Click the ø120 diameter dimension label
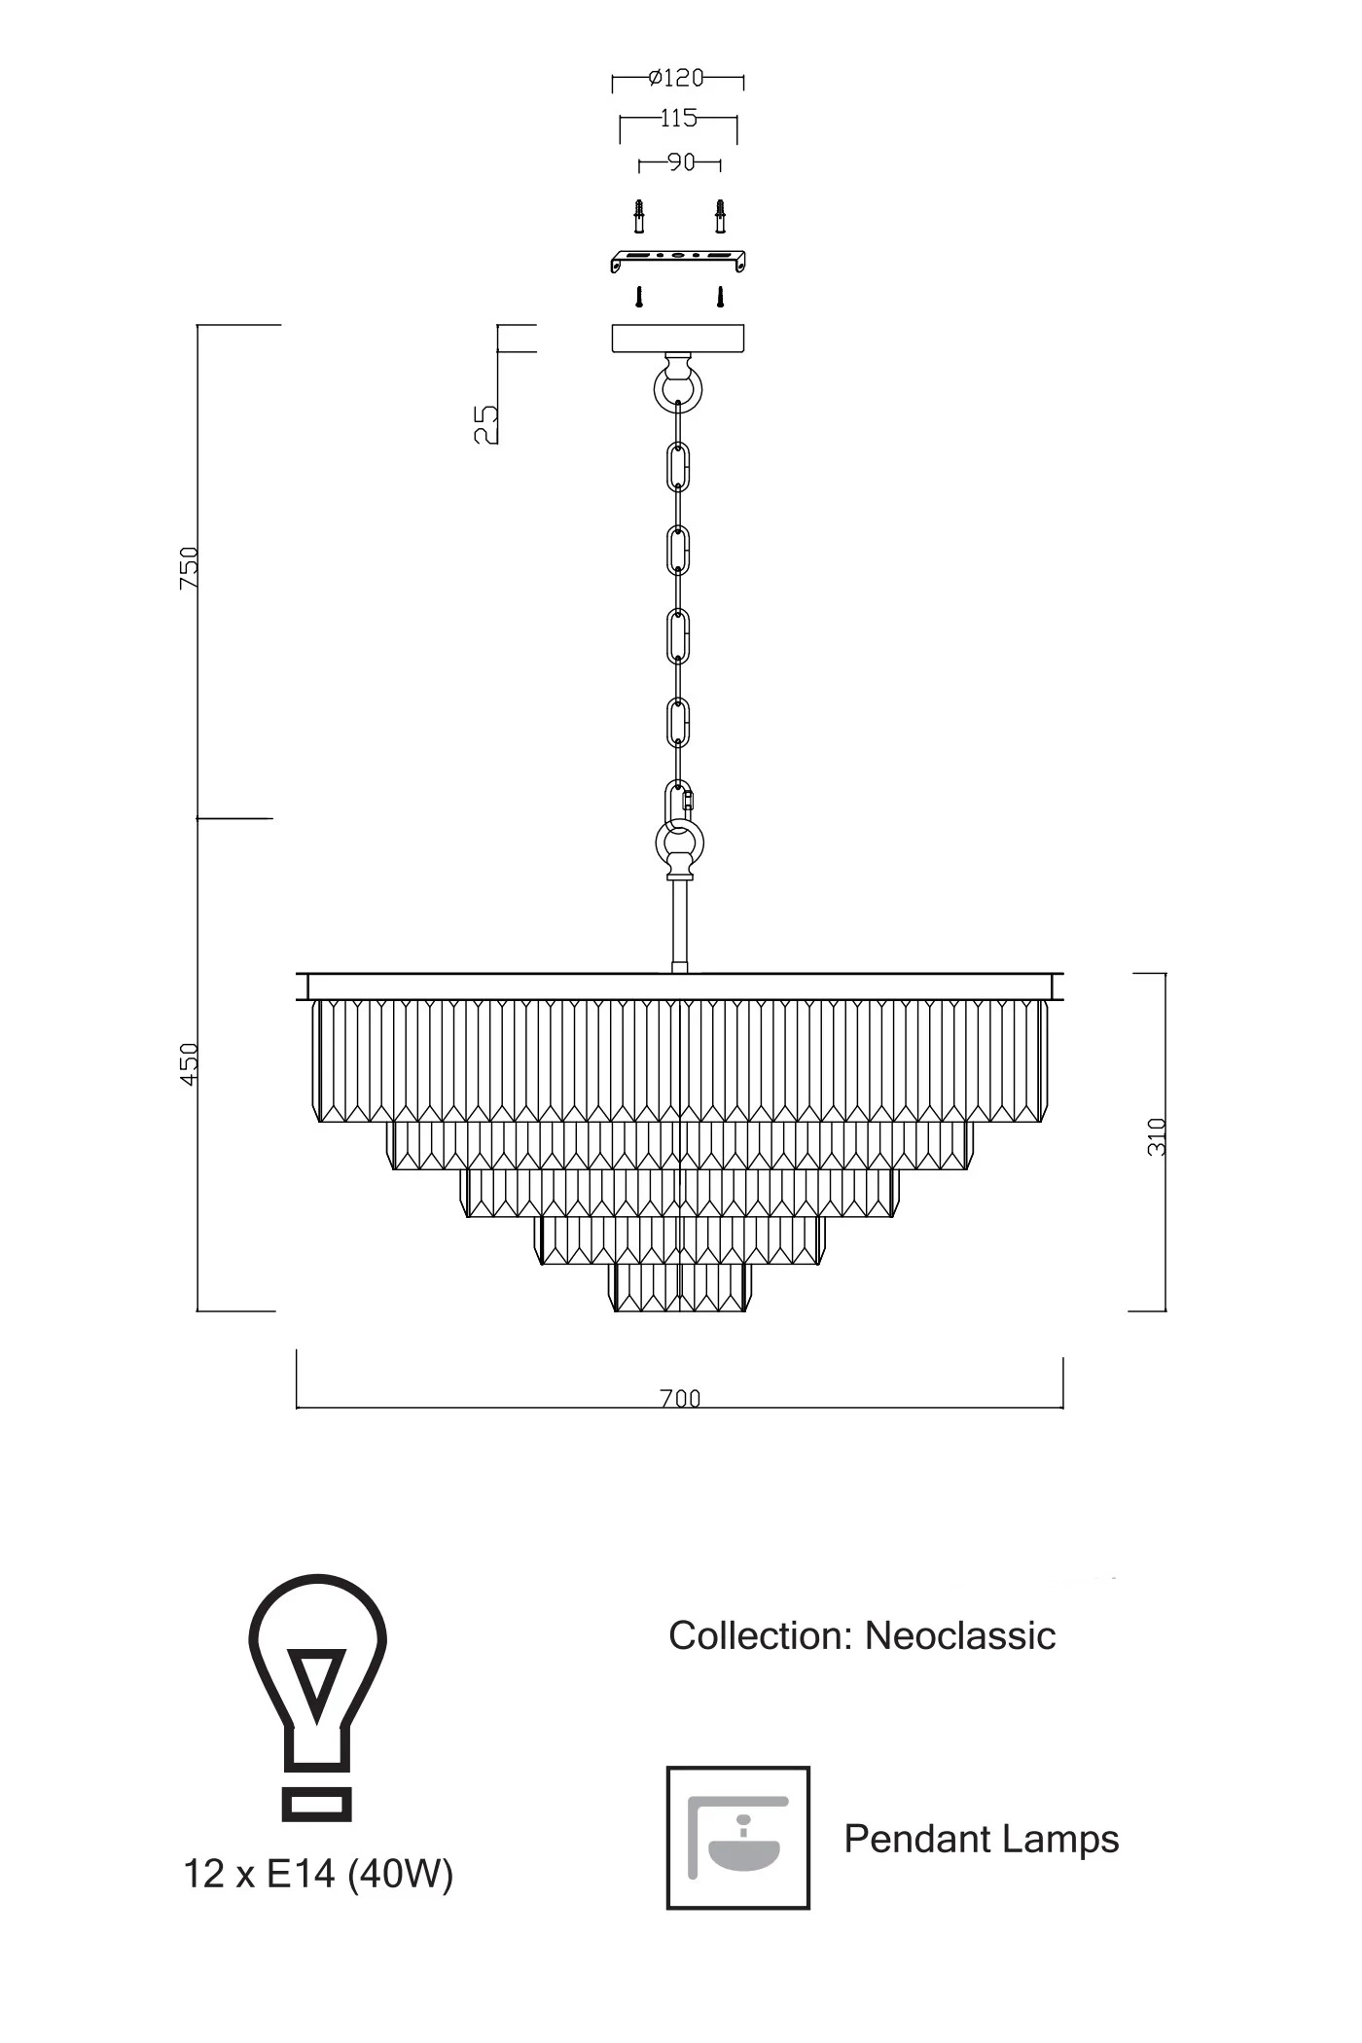(676, 77)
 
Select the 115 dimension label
(678, 118)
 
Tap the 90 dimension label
(681, 161)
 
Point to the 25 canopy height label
(485, 424)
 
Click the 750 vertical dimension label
(189, 567)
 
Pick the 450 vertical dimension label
(189, 1064)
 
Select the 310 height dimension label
(1156, 1136)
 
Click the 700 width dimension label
(680, 1398)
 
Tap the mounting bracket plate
(677, 260)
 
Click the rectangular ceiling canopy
(678, 338)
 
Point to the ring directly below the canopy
(678, 388)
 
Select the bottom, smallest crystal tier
(680, 1287)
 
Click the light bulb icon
(317, 1697)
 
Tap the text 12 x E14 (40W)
(318, 1873)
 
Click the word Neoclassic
(959, 1635)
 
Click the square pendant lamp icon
(737, 1838)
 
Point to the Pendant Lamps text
(981, 1839)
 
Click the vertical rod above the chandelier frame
(679, 924)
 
